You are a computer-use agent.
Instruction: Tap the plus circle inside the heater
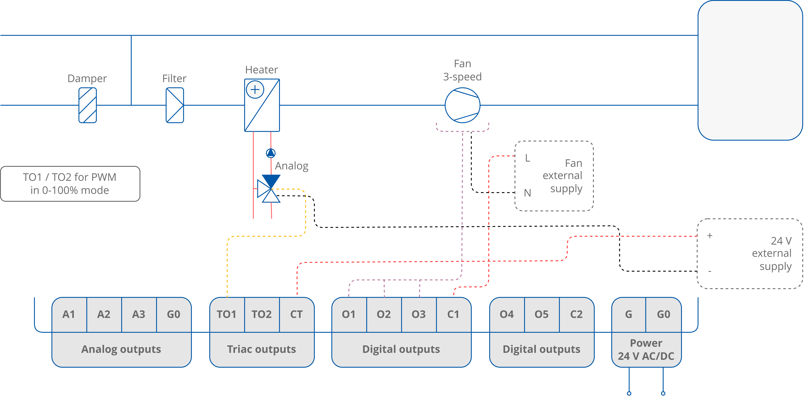(255, 90)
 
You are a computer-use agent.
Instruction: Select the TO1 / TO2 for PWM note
(70, 184)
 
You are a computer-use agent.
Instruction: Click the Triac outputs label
(262, 349)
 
